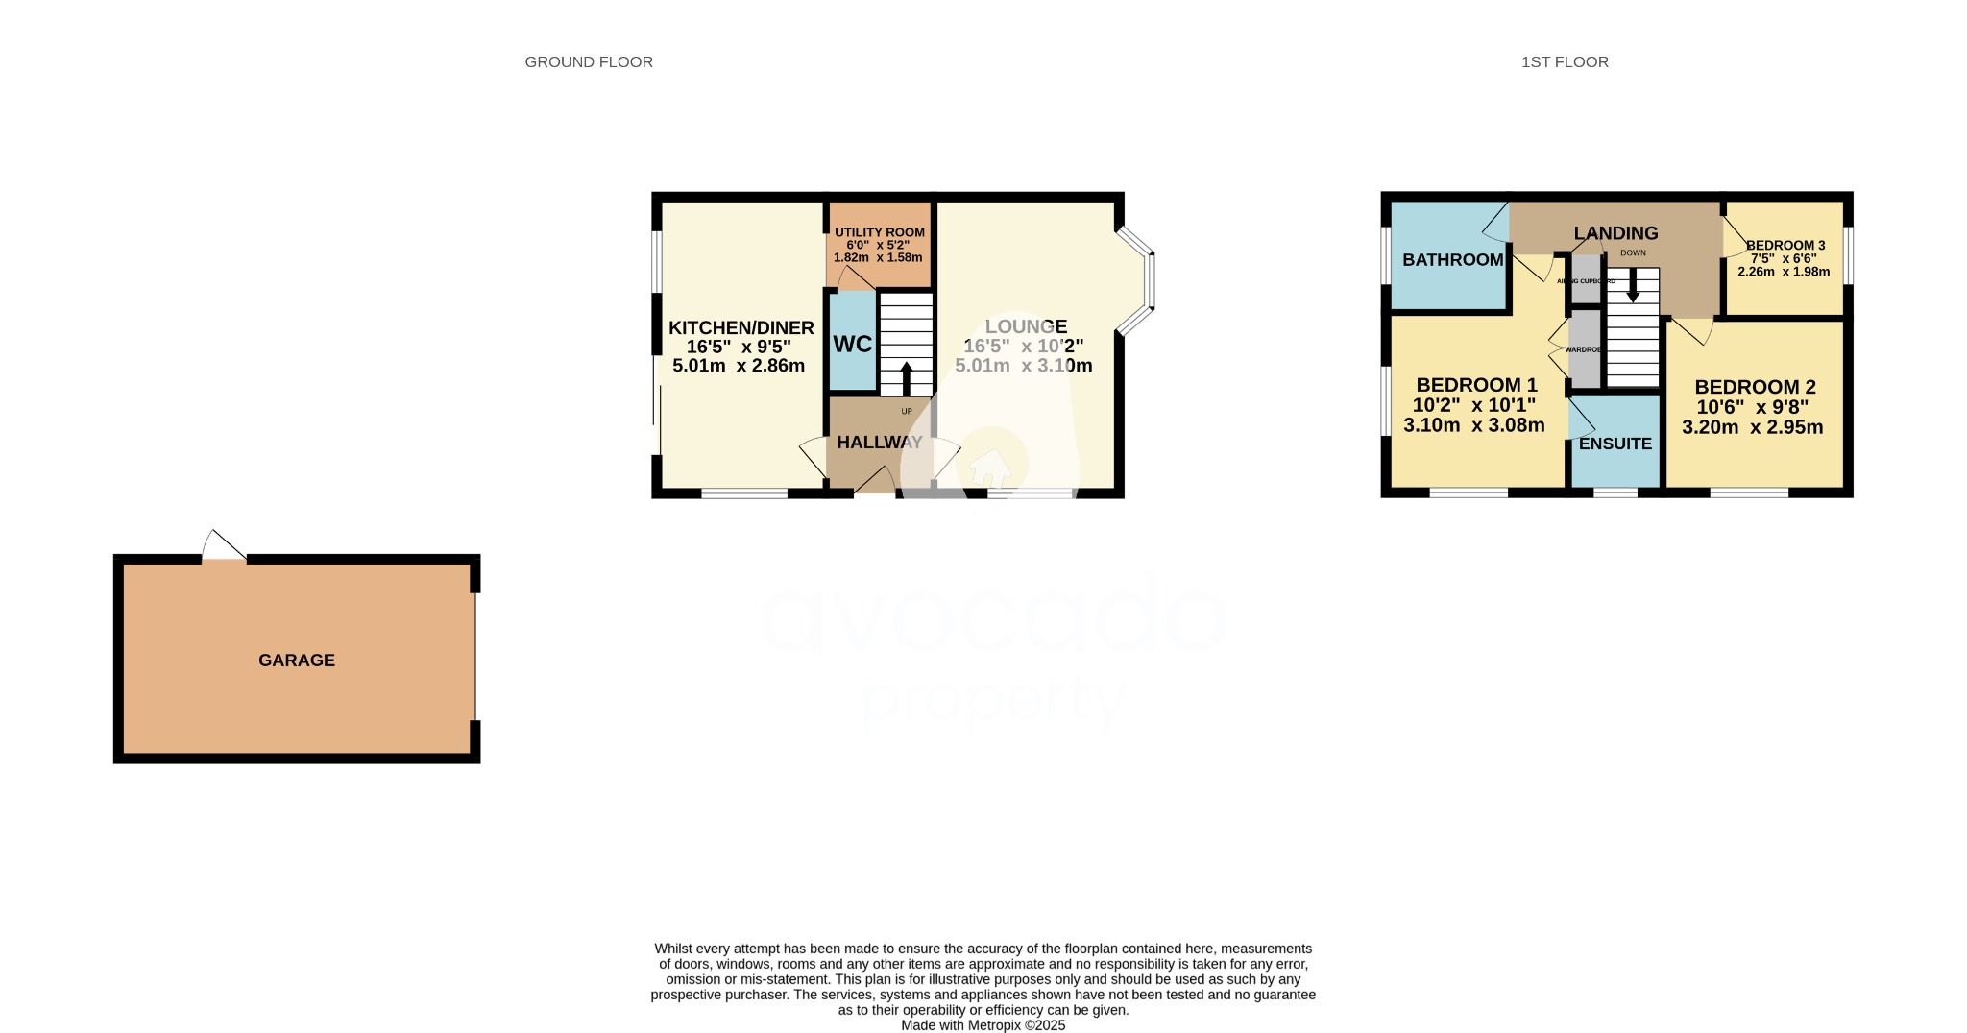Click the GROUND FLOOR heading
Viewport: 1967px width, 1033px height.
pos(589,62)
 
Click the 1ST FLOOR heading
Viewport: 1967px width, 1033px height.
pos(1565,62)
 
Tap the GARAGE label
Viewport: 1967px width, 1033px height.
pos(297,661)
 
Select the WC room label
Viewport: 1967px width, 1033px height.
pos(852,345)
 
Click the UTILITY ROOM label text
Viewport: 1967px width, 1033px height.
pos(879,232)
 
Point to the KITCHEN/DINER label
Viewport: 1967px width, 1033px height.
pos(741,328)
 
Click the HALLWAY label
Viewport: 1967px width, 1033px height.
pos(879,443)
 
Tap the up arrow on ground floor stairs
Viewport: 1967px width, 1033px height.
pos(906,378)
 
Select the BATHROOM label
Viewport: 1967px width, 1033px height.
pos(1452,260)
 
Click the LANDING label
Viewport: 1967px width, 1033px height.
pos(1615,233)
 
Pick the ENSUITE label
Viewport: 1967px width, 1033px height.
pos(1615,444)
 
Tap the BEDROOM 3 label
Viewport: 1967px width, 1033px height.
pos(1785,246)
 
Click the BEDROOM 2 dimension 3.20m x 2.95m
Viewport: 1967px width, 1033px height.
pos(1752,427)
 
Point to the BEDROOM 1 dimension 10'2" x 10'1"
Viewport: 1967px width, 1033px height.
pos(1473,405)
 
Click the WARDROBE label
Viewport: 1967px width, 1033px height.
pos(1584,349)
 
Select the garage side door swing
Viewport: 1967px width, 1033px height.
pos(223,545)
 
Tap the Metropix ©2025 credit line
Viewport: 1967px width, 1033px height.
pos(983,1025)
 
